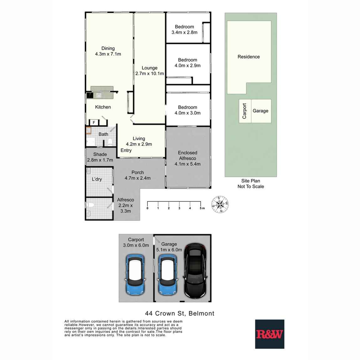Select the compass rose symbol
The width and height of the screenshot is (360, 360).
[220, 204]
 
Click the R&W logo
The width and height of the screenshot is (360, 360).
[270, 334]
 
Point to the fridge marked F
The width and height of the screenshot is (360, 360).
[94, 122]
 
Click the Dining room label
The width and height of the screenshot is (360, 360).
[108, 51]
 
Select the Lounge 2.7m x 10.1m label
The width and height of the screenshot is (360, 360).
[149, 71]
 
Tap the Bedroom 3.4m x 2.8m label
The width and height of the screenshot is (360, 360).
[184, 29]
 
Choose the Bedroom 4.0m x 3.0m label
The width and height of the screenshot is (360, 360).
[188, 110]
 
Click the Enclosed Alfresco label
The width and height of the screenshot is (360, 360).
[188, 158]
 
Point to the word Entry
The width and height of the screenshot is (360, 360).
[126, 151]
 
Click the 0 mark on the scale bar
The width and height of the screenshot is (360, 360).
[147, 208]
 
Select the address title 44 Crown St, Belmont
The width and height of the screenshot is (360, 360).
[180, 313]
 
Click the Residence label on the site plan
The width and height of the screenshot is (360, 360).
[249, 57]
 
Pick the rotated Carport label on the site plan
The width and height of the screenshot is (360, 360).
[244, 111]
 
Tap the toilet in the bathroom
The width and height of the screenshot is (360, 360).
[110, 142]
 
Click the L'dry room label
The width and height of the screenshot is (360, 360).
[97, 179]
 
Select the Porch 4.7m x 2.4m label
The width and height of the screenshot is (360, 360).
[137, 175]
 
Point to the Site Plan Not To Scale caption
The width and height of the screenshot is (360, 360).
[250, 184]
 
